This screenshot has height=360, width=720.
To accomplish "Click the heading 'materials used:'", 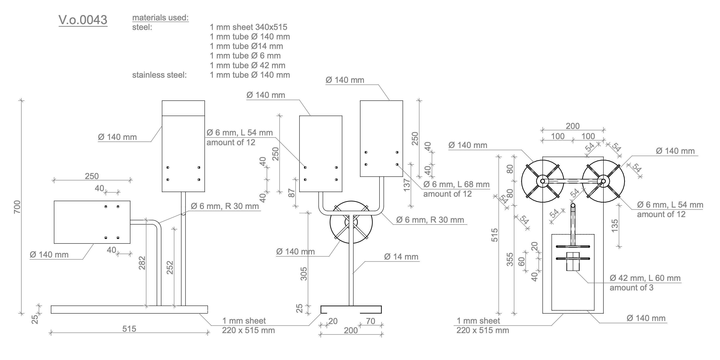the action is tap(160, 18).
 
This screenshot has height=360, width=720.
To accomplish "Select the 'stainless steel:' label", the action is tap(159, 75).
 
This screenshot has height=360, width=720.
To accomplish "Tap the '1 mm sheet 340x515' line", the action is tap(249, 27).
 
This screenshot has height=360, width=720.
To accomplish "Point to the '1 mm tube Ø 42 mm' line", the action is tap(248, 65).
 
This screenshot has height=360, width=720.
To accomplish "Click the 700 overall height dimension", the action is tap(17, 207).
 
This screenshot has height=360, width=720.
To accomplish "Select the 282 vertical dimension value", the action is tap(142, 263).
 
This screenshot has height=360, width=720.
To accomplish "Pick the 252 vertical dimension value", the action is tap(170, 267).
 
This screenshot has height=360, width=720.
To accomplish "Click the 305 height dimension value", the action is tap(304, 274).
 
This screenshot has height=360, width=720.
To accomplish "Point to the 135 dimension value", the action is tap(615, 226).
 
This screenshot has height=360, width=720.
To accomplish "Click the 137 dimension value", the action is tap(407, 185).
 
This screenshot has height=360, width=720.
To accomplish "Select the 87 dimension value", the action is tap(292, 193).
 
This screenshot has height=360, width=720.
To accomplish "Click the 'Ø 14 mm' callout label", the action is tap(401, 257).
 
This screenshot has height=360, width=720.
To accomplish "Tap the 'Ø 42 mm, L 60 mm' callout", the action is tap(645, 278).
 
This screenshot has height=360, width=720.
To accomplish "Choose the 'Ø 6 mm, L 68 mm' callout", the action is tap(456, 184).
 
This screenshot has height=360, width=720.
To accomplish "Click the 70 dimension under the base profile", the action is tap(370, 321).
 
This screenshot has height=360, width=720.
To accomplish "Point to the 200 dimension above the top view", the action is tap(573, 126).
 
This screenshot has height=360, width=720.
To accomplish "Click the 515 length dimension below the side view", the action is tap(129, 329).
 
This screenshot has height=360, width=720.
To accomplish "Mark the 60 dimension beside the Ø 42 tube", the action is tap(522, 262).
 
